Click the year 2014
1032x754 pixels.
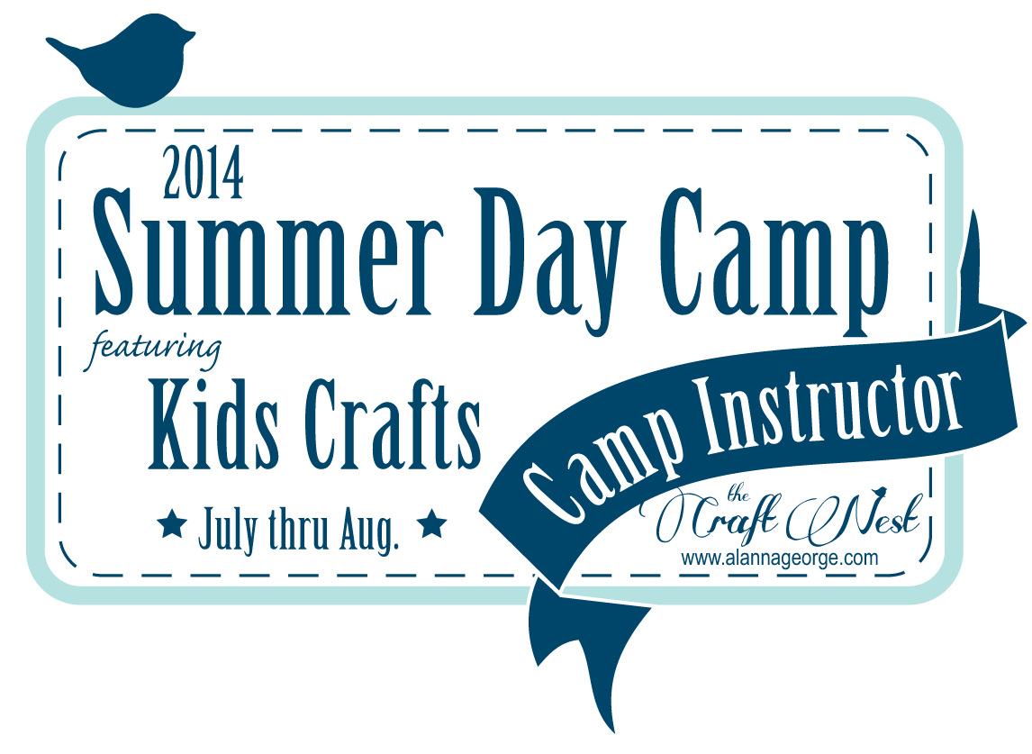(204, 173)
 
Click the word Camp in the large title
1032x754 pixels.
(774, 260)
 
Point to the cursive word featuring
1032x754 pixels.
(155, 347)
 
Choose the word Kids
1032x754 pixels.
(214, 423)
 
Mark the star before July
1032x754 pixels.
(172, 524)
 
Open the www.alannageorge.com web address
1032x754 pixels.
(780, 559)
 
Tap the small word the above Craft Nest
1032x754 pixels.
(738, 495)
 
